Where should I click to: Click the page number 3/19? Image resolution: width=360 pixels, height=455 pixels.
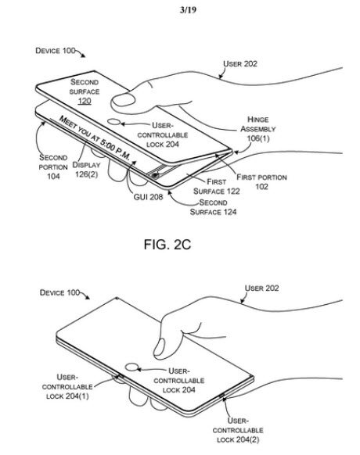pos(188,10)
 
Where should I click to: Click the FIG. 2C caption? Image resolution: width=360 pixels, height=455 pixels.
pos(167,245)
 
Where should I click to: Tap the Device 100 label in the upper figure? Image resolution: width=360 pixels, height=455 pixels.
pos(56,51)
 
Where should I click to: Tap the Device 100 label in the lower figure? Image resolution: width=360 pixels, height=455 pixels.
pos(59,292)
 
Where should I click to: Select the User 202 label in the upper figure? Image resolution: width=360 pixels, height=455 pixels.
pos(240,63)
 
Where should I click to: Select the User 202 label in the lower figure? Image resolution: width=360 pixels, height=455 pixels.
pos(261,288)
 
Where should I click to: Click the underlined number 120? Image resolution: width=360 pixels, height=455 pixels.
pos(85,101)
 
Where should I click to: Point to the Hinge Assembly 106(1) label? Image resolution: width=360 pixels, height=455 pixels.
pos(257,129)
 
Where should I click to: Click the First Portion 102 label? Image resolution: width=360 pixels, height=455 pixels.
pos(261,181)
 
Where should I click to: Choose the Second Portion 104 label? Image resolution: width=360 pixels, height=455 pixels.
pos(53,167)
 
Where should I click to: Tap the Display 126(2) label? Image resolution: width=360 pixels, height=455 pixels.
pos(86,170)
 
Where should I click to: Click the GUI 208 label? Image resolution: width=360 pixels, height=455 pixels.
pos(148,197)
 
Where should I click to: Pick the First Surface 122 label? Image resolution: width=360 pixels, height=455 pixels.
pos(217,187)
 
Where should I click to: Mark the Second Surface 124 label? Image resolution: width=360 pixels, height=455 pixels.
pos(213,207)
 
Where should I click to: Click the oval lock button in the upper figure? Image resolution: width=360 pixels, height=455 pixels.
pos(114,122)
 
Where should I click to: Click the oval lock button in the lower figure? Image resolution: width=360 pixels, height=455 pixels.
pos(132,367)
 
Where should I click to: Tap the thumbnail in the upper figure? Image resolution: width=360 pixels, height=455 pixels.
pos(123,99)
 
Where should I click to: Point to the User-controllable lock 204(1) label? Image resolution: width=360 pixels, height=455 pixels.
pos(67,386)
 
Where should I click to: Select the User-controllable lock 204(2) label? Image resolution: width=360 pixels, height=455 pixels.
pos(238,430)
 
